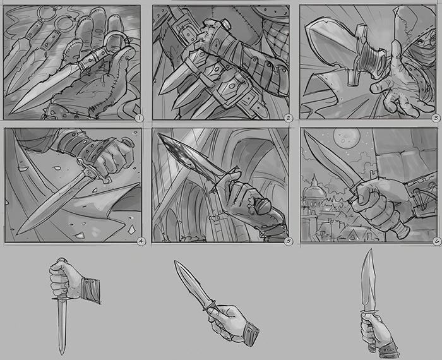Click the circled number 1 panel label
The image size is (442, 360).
click(140, 117)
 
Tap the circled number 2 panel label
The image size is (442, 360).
click(288, 117)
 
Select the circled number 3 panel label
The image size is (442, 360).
click(435, 117)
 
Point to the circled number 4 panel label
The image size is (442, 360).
click(140, 241)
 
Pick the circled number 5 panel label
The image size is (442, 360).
click(288, 241)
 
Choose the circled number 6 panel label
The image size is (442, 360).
click(435, 241)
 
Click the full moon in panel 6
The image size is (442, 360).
click(343, 135)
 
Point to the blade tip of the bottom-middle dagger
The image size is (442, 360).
click(175, 261)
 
